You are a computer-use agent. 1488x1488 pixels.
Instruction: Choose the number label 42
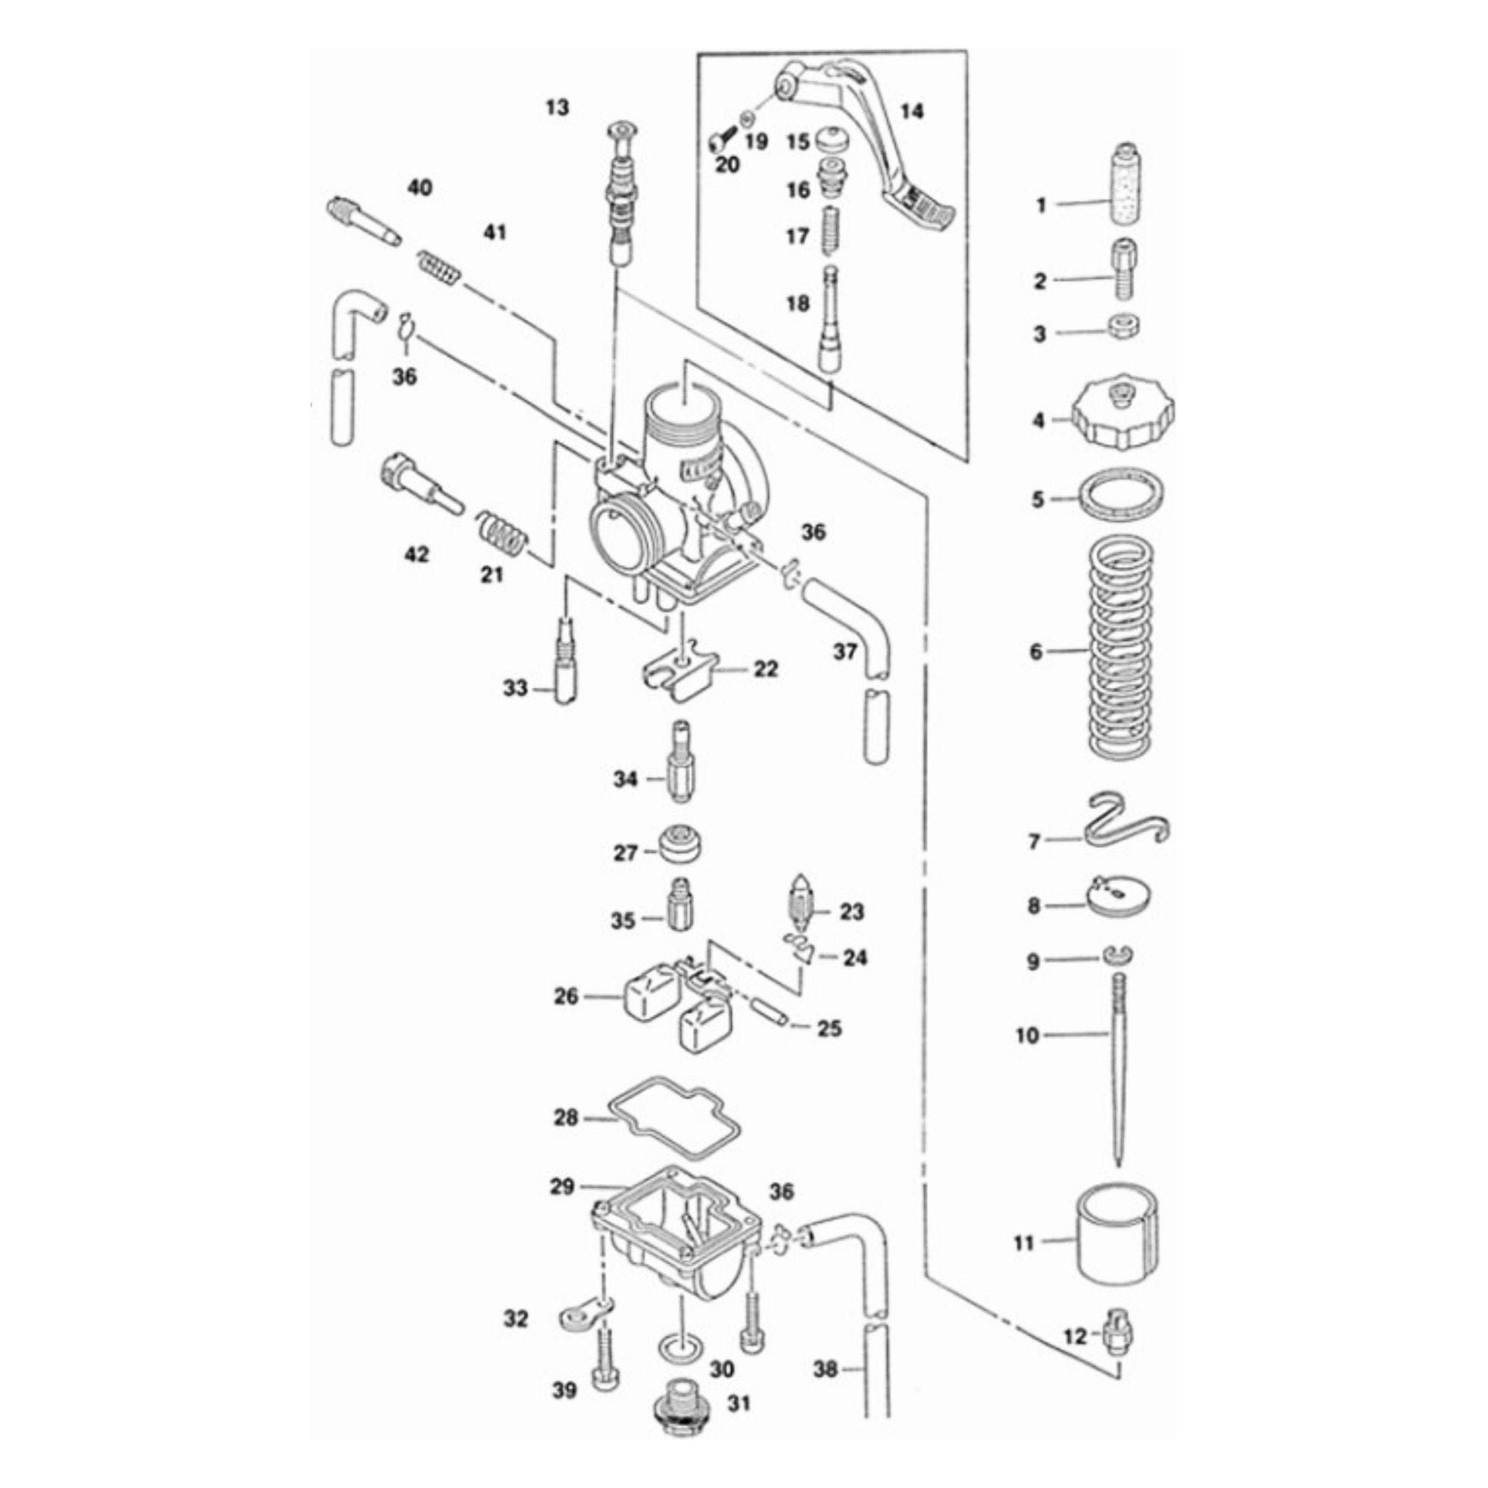point(417,554)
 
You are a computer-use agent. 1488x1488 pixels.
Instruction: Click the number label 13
point(557,108)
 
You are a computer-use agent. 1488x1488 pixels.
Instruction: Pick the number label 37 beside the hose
point(845,652)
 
